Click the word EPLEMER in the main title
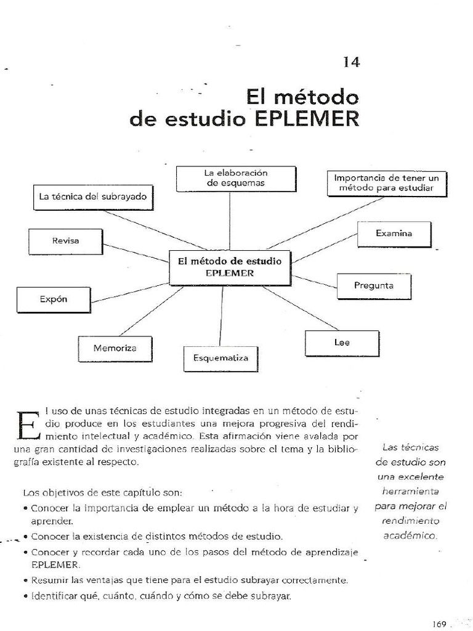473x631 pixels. click(x=307, y=118)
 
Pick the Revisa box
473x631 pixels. click(x=65, y=242)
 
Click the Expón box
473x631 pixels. click(x=54, y=299)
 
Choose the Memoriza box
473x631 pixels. click(x=115, y=348)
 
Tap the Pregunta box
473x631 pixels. click(x=374, y=285)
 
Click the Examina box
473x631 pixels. click(x=394, y=234)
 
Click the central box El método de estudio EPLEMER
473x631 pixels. click(x=230, y=267)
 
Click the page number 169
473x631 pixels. click(x=439, y=623)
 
